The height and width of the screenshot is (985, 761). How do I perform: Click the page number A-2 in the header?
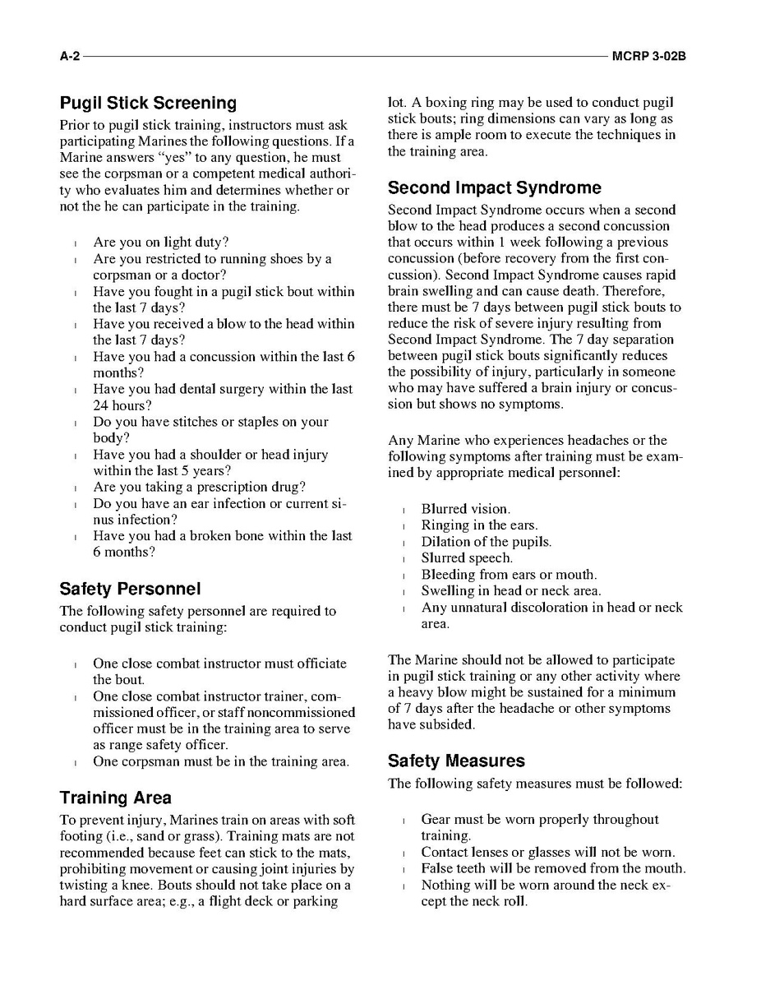(x=70, y=56)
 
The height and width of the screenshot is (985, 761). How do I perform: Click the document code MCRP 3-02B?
(x=648, y=56)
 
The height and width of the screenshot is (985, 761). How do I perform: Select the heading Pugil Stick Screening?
(x=148, y=104)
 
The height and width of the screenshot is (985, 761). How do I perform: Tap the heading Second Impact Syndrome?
(x=494, y=187)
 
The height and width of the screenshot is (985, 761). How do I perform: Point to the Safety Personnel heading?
(x=130, y=590)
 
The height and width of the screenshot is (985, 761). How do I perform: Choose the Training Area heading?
(x=115, y=798)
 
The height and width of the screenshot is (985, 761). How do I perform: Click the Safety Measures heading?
(x=456, y=761)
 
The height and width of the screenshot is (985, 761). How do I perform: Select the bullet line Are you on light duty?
(x=160, y=243)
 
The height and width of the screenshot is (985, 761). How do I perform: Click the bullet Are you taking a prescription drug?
(x=199, y=487)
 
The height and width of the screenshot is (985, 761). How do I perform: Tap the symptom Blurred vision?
(x=465, y=509)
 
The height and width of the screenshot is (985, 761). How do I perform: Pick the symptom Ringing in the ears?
(x=479, y=525)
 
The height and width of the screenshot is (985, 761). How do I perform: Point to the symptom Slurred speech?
(x=467, y=558)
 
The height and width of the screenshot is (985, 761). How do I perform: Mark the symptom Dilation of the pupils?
(x=486, y=542)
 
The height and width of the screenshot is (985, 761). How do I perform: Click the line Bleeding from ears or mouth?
(x=509, y=575)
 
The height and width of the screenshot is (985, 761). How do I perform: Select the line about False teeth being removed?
(x=552, y=868)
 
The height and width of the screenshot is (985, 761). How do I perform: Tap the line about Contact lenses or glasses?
(x=547, y=852)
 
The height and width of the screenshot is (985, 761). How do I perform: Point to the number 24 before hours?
(x=100, y=405)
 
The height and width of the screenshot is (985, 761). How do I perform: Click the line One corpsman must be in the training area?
(x=220, y=761)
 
